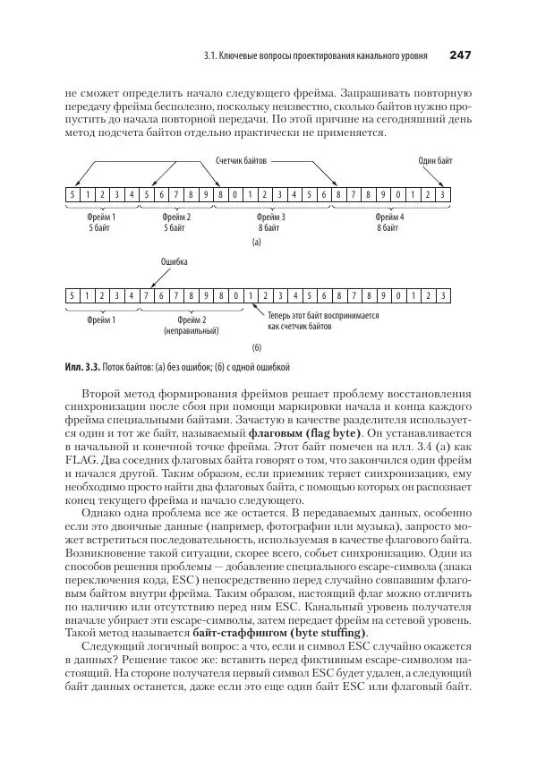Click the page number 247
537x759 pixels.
[460, 55]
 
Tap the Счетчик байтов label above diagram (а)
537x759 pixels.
[242, 161]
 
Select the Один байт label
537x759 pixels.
[436, 161]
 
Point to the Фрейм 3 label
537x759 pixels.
[270, 217]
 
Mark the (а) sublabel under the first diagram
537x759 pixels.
[256, 242]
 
